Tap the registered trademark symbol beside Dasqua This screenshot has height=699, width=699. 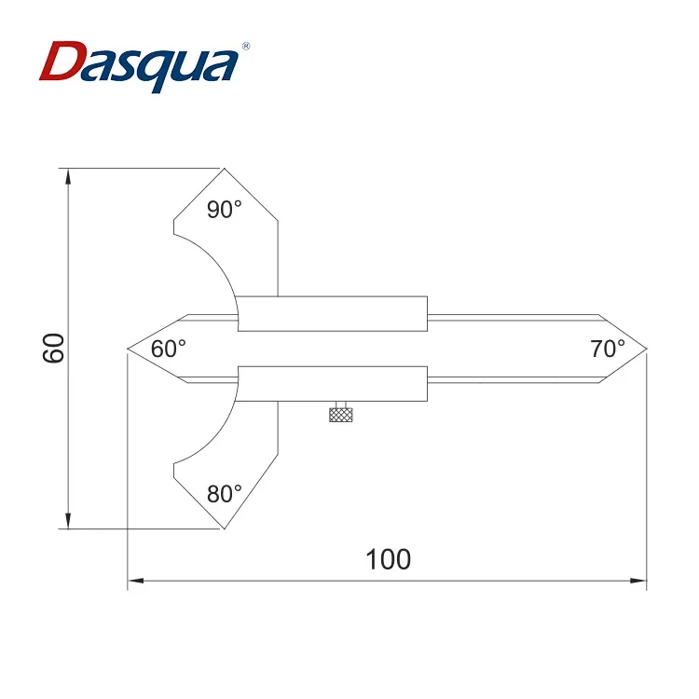[246, 45]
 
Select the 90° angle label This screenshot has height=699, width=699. [224, 210]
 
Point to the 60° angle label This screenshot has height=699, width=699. [169, 349]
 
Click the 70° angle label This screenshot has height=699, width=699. [608, 349]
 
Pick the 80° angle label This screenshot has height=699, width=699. [224, 494]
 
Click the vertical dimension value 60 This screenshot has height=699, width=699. [53, 348]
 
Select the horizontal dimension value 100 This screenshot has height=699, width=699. [388, 559]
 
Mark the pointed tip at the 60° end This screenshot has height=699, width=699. [128, 349]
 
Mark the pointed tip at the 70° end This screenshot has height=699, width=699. [646, 349]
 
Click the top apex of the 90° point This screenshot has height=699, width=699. [224, 169]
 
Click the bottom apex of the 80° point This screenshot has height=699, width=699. [224, 528]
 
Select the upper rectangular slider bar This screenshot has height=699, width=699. [333, 313]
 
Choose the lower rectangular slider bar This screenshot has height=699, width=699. [333, 385]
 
